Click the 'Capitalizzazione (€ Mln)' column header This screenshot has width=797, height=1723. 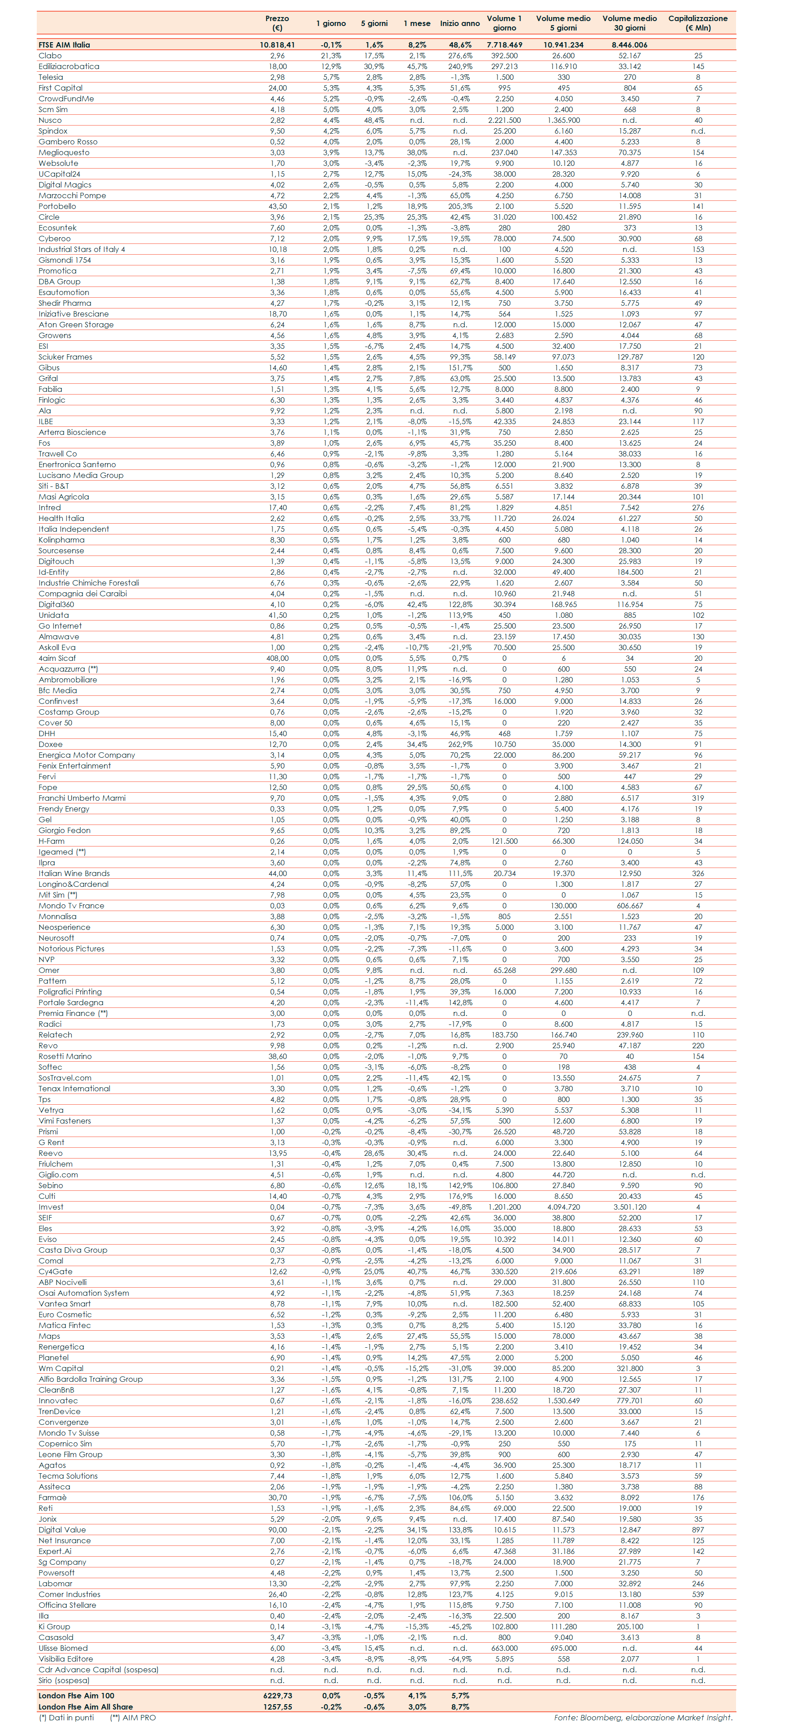click(697, 23)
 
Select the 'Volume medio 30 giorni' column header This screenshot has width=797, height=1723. click(629, 23)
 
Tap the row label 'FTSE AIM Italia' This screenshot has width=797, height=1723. click(64, 45)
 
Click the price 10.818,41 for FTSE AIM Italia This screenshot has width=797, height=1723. click(277, 45)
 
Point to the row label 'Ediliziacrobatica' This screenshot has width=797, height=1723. click(69, 66)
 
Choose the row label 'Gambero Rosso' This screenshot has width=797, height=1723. click(68, 142)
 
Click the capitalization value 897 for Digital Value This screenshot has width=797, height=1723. click(698, 1530)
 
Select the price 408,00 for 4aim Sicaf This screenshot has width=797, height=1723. click(277, 658)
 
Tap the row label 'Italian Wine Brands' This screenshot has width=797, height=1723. click(74, 873)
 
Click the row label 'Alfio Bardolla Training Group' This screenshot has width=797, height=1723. click(90, 1379)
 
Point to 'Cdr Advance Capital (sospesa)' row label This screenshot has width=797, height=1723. click(98, 1670)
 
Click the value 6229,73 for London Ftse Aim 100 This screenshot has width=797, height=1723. click(277, 1696)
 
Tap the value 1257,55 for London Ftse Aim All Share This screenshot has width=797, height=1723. click(277, 1706)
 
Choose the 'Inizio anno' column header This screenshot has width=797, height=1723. click(459, 23)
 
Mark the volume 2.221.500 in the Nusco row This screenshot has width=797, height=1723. click(504, 121)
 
